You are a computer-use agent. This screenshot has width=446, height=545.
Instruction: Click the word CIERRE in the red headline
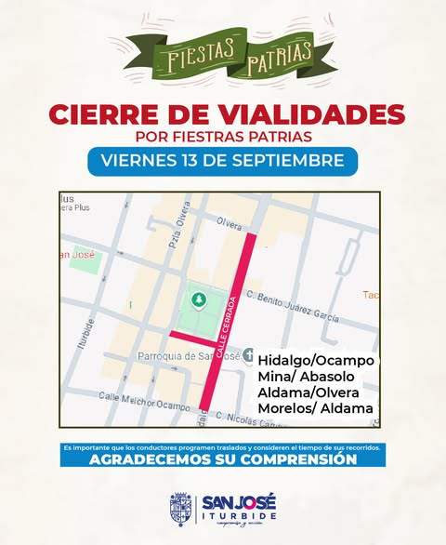(100, 114)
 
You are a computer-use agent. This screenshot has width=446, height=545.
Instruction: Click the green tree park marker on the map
(197, 299)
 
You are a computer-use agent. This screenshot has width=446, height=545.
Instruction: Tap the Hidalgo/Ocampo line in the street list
(315, 360)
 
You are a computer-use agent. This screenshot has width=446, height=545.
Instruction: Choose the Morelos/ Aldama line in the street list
(315, 408)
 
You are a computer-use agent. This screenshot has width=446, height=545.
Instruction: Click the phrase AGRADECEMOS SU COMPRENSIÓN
(223, 459)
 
